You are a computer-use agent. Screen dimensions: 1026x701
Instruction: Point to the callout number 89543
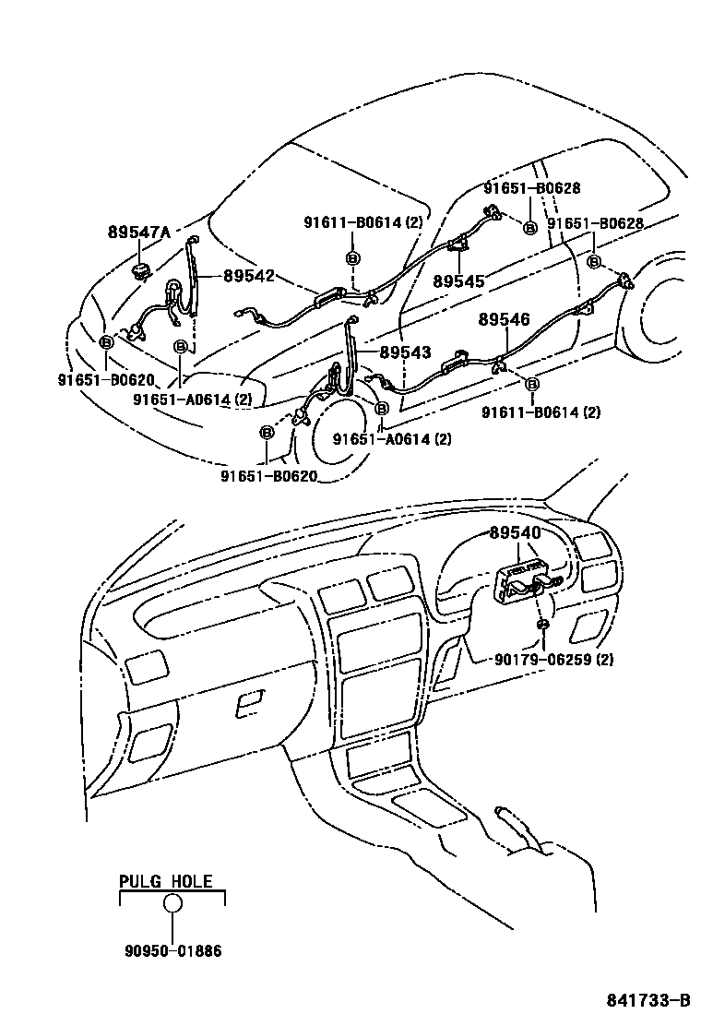[405, 352]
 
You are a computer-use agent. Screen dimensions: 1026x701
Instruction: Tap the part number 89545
[458, 281]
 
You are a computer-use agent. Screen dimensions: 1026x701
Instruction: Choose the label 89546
[504, 320]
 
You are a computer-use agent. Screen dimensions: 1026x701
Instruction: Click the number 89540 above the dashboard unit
[516, 533]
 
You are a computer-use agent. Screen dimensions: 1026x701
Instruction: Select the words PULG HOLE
[166, 881]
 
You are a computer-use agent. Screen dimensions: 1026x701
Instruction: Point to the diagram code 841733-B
[648, 1001]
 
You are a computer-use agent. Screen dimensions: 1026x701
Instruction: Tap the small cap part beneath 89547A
[141, 269]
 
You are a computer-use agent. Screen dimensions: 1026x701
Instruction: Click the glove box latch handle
[249, 707]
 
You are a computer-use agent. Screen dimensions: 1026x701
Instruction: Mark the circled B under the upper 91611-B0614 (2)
[352, 257]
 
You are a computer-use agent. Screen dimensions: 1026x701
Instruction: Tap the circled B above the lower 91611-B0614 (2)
[532, 383]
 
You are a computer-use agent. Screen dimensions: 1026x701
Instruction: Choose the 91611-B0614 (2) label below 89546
[540, 412]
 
